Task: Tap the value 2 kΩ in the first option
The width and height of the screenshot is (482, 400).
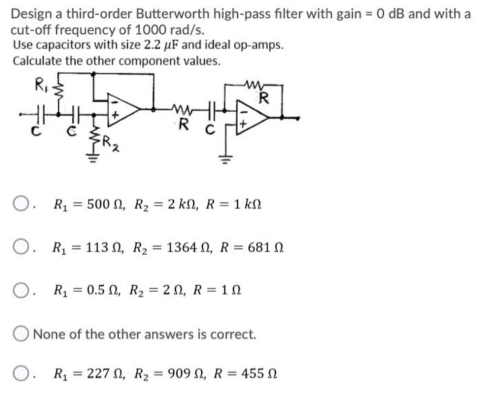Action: pos(182,205)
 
